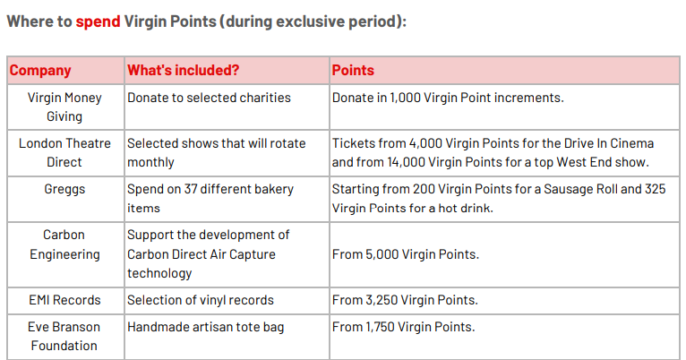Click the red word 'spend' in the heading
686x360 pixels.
[x=98, y=21]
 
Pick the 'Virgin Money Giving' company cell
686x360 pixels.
[x=64, y=107]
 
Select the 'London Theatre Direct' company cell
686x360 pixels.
[x=64, y=152]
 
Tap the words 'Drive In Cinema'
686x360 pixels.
[x=609, y=143]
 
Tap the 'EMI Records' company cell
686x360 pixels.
[x=64, y=300]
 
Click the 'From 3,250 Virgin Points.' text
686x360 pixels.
[x=405, y=300]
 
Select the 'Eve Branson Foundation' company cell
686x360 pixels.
[x=64, y=337]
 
